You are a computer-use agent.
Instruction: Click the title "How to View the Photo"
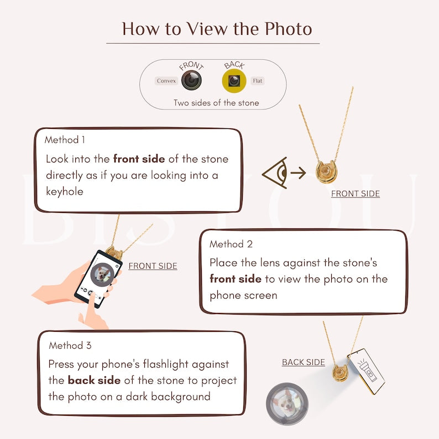[x=217, y=28]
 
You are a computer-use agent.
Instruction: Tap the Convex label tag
[x=166, y=81]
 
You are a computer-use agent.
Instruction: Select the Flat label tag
[x=257, y=81]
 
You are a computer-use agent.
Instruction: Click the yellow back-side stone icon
[x=234, y=81]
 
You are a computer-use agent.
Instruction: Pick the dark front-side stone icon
[x=191, y=81]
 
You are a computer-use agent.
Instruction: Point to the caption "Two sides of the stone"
[x=216, y=103]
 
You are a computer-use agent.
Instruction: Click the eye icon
[x=275, y=174]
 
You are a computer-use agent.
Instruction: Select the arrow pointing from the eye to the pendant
[x=299, y=173]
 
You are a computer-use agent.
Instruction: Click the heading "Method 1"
[x=65, y=140]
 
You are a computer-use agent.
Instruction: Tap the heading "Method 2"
[x=231, y=244]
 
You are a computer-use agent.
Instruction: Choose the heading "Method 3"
[x=70, y=346]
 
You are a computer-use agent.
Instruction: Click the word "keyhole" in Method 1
[x=65, y=191]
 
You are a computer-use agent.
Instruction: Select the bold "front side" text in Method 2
[x=235, y=279]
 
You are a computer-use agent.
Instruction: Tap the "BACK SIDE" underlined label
[x=304, y=362]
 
